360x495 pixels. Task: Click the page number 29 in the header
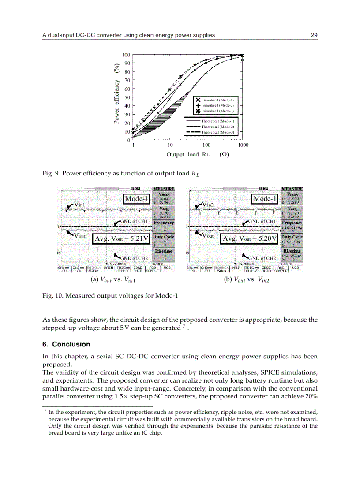click(314, 35)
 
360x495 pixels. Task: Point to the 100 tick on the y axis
click(126, 55)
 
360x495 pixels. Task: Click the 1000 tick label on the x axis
click(243, 145)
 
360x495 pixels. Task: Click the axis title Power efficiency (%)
click(117, 94)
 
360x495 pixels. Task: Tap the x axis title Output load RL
click(187, 154)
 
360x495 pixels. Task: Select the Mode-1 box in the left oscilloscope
click(137, 199)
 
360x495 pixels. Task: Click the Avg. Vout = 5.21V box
click(122, 238)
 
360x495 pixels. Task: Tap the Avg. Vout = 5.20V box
click(250, 238)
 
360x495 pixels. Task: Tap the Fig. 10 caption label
click(52, 295)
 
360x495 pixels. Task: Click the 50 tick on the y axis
click(127, 97)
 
